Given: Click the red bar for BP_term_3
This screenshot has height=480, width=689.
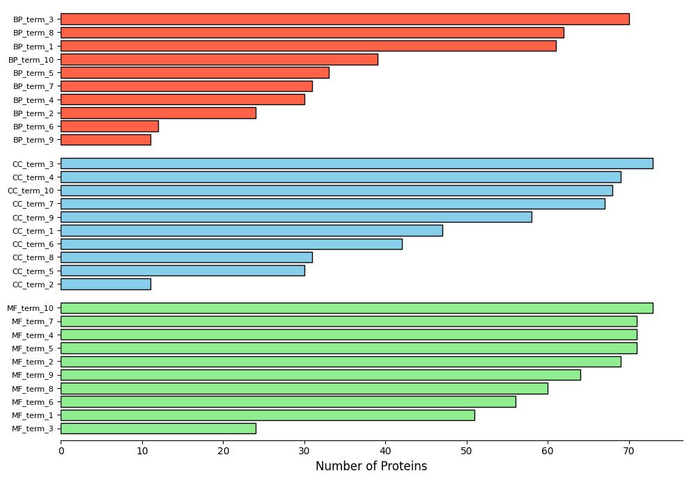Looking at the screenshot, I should (x=345, y=19).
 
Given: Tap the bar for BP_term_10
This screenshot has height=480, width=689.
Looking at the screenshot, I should (x=219, y=59).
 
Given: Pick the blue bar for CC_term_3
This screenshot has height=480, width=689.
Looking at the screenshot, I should (x=357, y=163).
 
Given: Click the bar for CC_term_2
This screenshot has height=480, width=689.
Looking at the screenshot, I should (x=106, y=284).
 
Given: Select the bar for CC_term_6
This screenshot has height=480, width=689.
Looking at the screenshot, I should (x=231, y=244).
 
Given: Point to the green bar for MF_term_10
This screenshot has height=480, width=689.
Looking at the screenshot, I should (x=357, y=308).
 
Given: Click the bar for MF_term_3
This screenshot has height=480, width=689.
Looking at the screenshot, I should (x=158, y=429).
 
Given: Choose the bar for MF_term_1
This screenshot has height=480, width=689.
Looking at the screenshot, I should (x=268, y=415).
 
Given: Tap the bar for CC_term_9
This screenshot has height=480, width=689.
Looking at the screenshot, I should (x=296, y=217).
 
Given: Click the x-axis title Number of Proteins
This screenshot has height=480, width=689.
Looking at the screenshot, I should (x=371, y=466).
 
